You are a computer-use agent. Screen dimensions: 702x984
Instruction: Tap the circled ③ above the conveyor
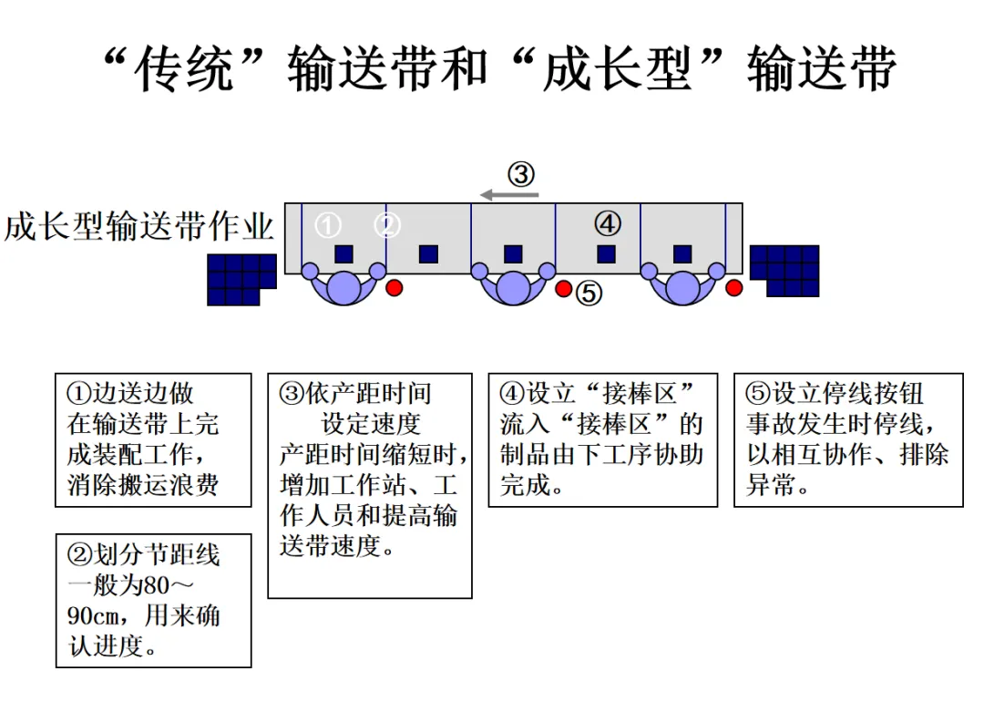[520, 173]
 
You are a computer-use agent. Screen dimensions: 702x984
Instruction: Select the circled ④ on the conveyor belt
[608, 222]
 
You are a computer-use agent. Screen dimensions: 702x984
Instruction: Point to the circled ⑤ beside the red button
[589, 293]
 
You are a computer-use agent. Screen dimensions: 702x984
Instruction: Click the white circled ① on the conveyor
[328, 224]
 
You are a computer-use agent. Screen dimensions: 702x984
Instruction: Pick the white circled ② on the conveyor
[388, 224]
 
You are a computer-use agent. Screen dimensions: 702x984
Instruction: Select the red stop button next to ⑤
[564, 289]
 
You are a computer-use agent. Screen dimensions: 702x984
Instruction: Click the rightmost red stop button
[734, 288]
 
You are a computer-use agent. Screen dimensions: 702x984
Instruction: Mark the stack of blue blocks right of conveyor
[784, 270]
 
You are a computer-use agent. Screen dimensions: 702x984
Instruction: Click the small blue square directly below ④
[606, 254]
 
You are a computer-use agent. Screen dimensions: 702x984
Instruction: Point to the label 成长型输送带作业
[138, 225]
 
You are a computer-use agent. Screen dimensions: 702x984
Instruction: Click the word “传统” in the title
[184, 69]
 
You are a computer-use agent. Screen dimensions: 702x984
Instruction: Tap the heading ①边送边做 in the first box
[131, 394]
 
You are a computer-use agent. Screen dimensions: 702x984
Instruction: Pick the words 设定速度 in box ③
[371, 424]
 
